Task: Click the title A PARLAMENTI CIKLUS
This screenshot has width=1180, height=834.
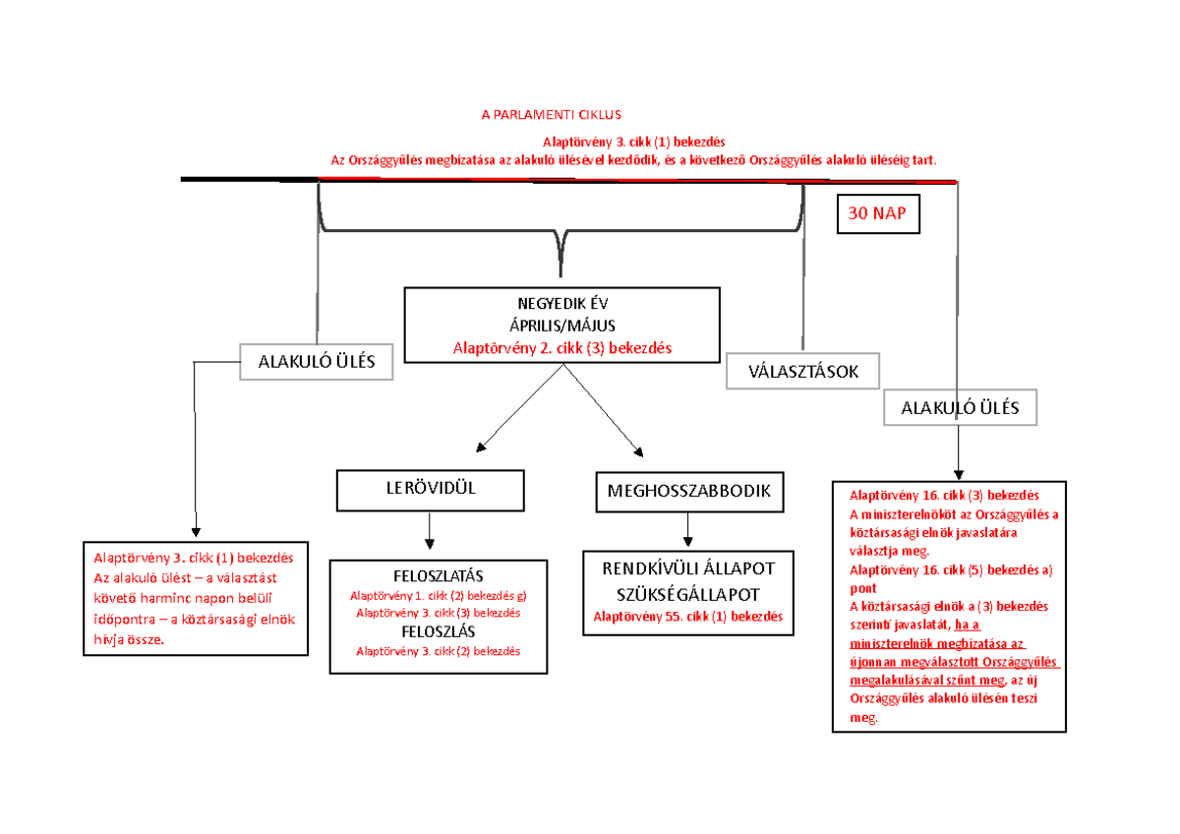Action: (x=552, y=115)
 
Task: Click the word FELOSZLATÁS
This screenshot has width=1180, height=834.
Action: (x=439, y=576)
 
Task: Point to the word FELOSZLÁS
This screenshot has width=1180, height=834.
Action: (x=439, y=631)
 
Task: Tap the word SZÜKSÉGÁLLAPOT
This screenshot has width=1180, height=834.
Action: (x=688, y=595)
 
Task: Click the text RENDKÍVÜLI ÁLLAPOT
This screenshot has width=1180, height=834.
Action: (x=688, y=569)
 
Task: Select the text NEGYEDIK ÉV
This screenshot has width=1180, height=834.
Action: (x=562, y=304)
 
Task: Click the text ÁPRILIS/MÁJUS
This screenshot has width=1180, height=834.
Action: (x=562, y=327)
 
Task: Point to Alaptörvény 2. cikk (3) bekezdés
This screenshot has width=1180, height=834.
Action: (x=562, y=348)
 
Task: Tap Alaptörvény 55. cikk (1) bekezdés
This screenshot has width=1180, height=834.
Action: (x=688, y=617)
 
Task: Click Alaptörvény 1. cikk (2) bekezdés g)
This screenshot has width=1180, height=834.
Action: (x=439, y=596)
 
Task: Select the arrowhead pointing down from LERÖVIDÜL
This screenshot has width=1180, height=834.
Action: (x=430, y=544)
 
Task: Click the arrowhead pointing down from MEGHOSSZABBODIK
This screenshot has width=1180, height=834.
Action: (x=687, y=541)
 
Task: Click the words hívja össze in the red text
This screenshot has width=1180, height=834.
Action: (x=129, y=640)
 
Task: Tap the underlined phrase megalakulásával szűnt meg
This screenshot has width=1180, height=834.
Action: (x=927, y=681)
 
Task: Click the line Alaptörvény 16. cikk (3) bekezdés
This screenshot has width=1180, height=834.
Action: (x=944, y=496)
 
